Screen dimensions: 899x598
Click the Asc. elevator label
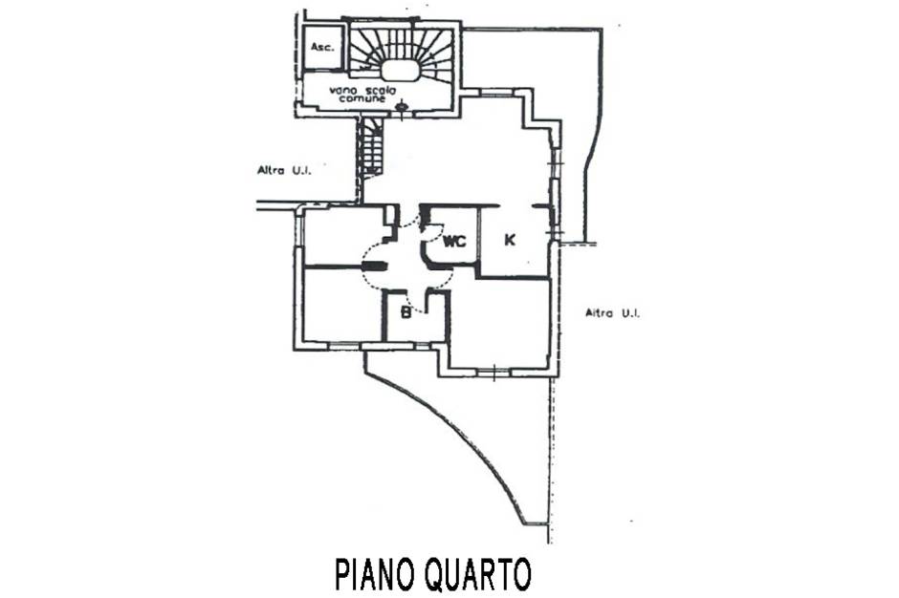click(322, 47)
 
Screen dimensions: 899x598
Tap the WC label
click(454, 242)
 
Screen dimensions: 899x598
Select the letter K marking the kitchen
click(509, 240)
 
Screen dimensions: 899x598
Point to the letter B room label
click(406, 312)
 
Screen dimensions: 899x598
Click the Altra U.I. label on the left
click(284, 170)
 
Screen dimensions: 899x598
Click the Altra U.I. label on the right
click(612, 312)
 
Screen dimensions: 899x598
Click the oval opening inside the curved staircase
click(400, 70)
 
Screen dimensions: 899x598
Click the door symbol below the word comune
click(402, 107)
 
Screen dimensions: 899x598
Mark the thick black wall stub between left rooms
click(376, 266)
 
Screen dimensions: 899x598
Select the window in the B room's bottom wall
click(422, 345)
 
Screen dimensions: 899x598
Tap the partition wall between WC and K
click(479, 237)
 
